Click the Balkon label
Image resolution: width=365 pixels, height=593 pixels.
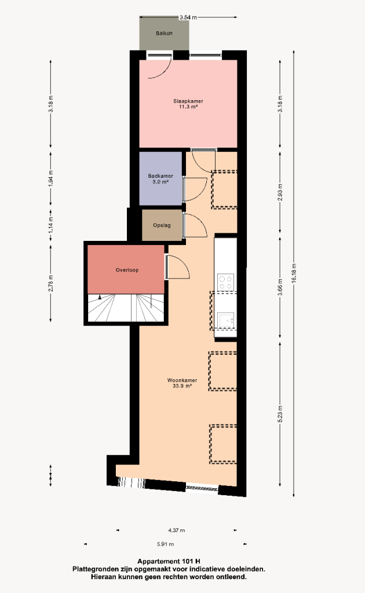164,33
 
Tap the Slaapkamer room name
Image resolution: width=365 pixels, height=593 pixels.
188,101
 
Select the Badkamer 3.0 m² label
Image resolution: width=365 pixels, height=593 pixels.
160,179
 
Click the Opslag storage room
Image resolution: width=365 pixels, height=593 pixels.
162,225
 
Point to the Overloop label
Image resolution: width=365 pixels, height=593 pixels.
127,270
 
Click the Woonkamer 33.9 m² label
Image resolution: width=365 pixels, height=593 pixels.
183,383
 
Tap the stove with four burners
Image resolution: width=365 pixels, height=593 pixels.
225,282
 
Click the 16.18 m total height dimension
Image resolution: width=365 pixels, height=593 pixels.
294,273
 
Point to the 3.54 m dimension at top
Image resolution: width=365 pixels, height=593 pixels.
188,17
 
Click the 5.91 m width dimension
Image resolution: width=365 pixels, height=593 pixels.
165,544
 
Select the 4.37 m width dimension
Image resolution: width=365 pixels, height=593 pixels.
177,530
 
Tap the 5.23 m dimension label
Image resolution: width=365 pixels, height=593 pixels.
280,413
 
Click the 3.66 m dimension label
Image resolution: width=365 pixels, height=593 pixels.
280,287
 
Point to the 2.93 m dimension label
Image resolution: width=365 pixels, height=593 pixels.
280,192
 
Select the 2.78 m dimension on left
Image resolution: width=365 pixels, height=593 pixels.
50,283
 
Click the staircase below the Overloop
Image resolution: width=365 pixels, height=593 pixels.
126,308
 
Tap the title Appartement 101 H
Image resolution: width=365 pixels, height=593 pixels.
169,561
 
